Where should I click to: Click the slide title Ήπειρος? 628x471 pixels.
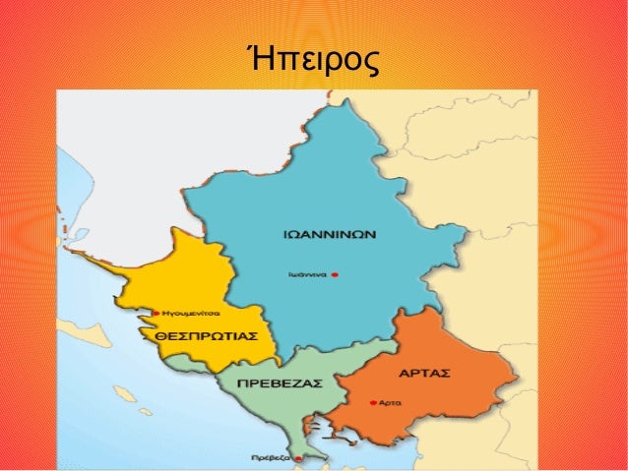click(x=313, y=61)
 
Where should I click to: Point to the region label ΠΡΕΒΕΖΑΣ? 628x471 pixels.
click(x=281, y=382)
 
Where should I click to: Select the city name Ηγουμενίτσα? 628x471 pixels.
click(x=190, y=314)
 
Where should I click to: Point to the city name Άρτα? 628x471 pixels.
click(x=388, y=403)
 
